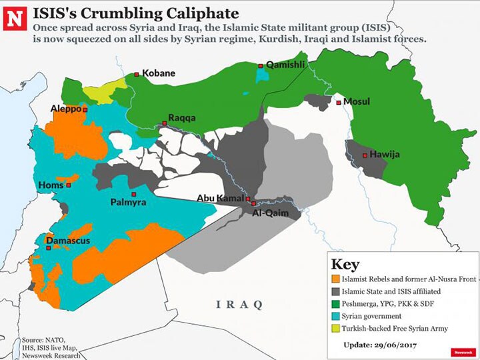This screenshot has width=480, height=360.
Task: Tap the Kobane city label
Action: (x=158, y=73)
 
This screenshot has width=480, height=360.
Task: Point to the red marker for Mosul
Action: (x=339, y=103)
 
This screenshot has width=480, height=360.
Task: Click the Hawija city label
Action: (x=385, y=155)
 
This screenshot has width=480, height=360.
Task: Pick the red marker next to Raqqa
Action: (x=164, y=123)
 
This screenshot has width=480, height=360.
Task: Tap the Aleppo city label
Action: (x=65, y=108)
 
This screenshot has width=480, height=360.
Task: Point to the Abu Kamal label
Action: (x=220, y=198)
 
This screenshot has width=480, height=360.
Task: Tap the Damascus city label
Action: (x=67, y=240)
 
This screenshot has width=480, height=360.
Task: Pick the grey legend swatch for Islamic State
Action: (x=335, y=291)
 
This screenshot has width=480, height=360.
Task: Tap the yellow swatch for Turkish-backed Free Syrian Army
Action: (x=335, y=328)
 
